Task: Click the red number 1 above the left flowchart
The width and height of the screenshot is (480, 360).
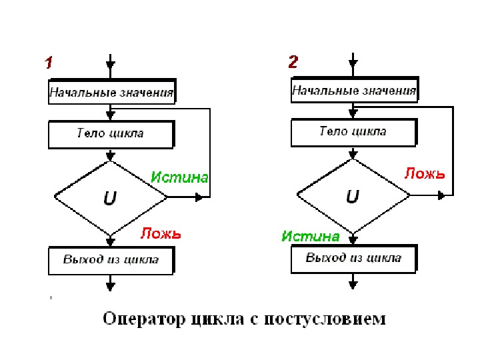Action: click(49, 63)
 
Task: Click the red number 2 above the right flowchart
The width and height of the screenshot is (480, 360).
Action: click(293, 63)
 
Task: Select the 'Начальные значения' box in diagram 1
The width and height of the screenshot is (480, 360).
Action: click(111, 92)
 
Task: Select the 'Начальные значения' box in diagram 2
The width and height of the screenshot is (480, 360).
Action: click(354, 91)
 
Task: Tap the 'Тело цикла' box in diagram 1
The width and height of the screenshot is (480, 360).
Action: click(111, 133)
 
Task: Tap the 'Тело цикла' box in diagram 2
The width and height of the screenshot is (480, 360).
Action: click(354, 131)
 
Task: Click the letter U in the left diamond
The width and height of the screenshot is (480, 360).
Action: click(109, 197)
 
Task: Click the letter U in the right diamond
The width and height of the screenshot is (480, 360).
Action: click(353, 196)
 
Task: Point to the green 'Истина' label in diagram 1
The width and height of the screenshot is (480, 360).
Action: click(179, 177)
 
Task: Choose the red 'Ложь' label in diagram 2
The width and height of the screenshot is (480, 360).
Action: click(425, 173)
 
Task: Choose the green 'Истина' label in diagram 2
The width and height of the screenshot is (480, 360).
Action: click(311, 236)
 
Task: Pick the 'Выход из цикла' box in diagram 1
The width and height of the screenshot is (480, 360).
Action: click(111, 259)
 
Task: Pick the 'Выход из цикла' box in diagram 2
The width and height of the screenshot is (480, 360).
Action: click(354, 258)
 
